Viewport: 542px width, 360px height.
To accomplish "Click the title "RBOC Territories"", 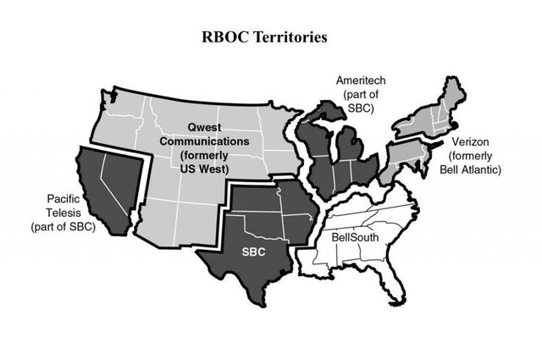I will coord(270,38).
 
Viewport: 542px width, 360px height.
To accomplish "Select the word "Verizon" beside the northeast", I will coord(470,143).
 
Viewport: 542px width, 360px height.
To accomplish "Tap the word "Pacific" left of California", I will coord(64,200).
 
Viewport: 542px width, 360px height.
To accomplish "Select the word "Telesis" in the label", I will coord(64,213).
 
